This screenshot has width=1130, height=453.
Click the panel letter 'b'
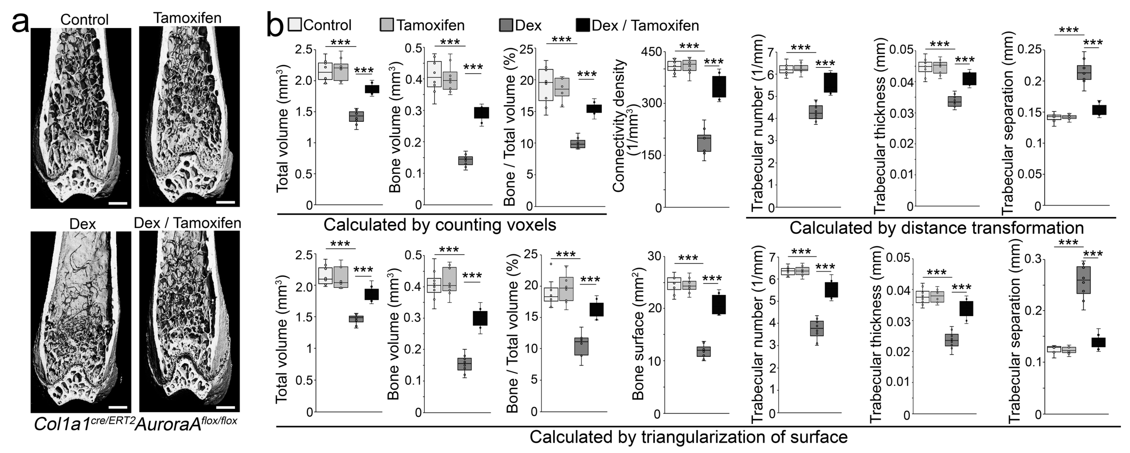pos(275,26)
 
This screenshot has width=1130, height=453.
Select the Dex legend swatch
pos(506,25)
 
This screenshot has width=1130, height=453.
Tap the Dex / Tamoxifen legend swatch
pos(583,25)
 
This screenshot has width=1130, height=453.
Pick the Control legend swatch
pos(294,25)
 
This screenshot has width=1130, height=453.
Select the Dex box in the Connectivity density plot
pos(704,143)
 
